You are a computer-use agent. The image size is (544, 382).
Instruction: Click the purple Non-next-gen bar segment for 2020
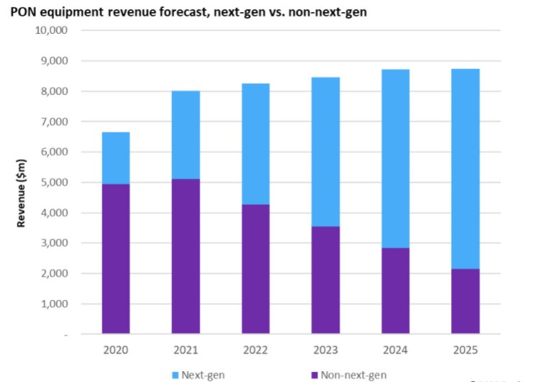[116, 259]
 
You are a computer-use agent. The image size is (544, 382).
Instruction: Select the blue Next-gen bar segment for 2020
[116, 158]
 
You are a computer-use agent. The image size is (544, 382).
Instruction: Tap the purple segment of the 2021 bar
[186, 256]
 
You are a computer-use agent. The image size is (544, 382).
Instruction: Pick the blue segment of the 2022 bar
[255, 144]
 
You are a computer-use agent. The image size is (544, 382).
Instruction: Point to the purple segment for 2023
[325, 281]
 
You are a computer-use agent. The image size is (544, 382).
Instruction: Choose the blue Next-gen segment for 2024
[396, 159]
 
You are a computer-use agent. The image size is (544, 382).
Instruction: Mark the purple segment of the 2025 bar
[466, 301]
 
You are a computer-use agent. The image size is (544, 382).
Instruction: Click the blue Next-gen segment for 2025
[466, 169]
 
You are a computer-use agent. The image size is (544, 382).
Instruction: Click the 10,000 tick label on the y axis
[51, 30]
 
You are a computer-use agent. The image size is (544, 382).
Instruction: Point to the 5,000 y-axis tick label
[55, 183]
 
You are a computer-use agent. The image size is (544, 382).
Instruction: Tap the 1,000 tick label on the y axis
[55, 304]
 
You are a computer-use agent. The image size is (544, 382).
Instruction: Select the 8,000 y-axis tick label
[55, 91]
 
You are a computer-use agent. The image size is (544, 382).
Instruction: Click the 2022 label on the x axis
[255, 350]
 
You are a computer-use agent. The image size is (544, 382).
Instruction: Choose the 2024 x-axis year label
[395, 350]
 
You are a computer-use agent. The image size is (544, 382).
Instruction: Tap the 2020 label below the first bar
[116, 350]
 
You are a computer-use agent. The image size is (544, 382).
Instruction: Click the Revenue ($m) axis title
[21, 193]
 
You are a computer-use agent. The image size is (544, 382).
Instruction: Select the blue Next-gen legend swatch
[175, 375]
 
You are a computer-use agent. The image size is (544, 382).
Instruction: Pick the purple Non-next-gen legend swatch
[314, 375]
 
